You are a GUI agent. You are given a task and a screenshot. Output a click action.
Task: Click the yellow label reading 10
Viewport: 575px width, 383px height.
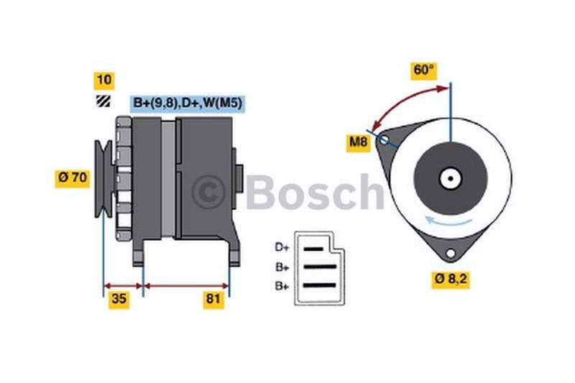click(104, 80)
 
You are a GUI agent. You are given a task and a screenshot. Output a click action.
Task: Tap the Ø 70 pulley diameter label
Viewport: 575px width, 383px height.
click(73, 178)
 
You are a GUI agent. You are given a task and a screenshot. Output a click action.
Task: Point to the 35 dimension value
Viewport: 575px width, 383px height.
click(119, 300)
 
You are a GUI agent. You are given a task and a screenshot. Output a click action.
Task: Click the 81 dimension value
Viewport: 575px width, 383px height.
click(213, 300)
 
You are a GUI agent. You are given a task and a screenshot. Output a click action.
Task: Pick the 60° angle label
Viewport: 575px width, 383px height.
click(423, 70)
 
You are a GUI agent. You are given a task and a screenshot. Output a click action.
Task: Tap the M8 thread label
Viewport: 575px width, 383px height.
click(358, 142)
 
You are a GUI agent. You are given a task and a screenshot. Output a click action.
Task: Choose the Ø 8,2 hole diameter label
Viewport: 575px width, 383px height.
click(451, 280)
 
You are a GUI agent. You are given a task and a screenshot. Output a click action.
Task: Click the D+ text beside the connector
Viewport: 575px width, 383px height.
click(282, 247)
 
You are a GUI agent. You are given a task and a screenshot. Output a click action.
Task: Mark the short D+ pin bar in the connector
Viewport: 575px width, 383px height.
click(313, 249)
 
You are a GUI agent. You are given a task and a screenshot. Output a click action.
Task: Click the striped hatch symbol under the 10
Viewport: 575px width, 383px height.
click(103, 101)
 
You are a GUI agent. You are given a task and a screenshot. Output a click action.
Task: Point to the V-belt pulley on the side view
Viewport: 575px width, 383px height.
click(103, 178)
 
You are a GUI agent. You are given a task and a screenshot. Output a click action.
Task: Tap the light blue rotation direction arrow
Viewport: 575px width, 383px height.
click(448, 221)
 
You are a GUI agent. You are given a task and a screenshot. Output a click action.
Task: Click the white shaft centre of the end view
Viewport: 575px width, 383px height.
click(451, 179)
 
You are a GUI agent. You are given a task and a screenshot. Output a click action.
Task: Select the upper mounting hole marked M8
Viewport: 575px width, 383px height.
click(384, 139)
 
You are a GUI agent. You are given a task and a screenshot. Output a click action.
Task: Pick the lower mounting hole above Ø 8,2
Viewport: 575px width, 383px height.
click(451, 253)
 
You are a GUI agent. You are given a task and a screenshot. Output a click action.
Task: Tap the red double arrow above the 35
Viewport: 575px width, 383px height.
click(123, 286)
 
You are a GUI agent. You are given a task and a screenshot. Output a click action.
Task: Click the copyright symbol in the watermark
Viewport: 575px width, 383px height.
click(208, 192)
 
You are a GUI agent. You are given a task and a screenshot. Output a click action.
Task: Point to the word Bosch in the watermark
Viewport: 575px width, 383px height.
click(315, 192)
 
